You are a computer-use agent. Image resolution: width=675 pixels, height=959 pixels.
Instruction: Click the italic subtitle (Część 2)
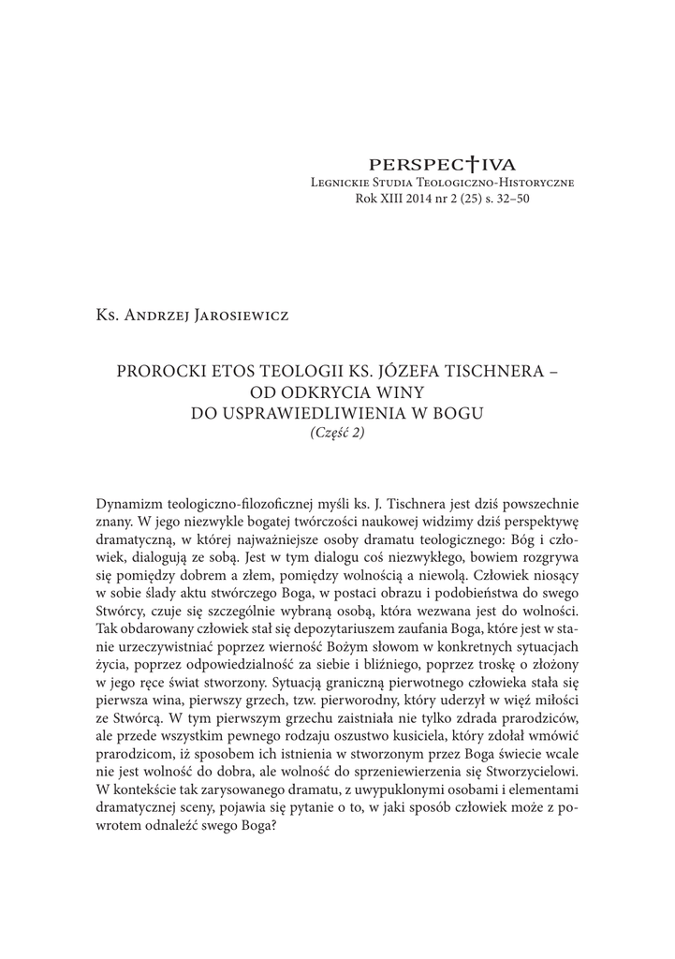click(x=336, y=432)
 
